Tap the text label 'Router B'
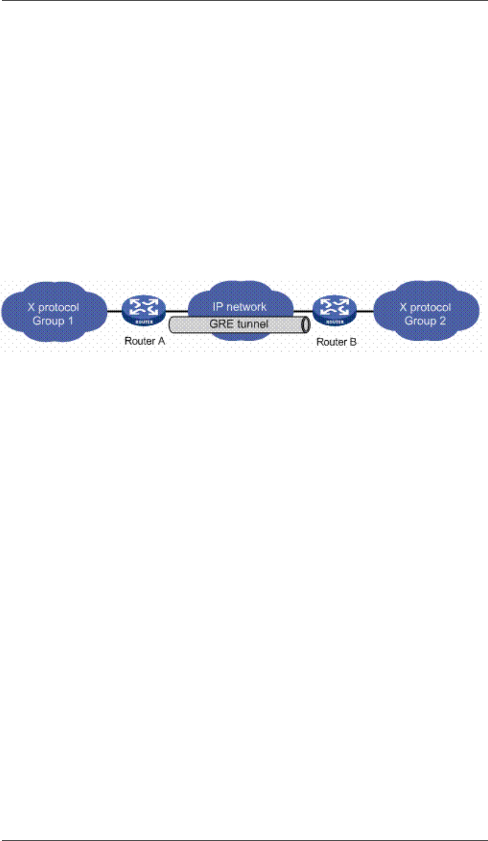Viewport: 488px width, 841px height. tap(336, 342)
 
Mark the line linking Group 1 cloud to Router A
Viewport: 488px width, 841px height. tap(114, 312)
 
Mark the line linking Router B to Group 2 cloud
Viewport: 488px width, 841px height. tap(364, 312)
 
